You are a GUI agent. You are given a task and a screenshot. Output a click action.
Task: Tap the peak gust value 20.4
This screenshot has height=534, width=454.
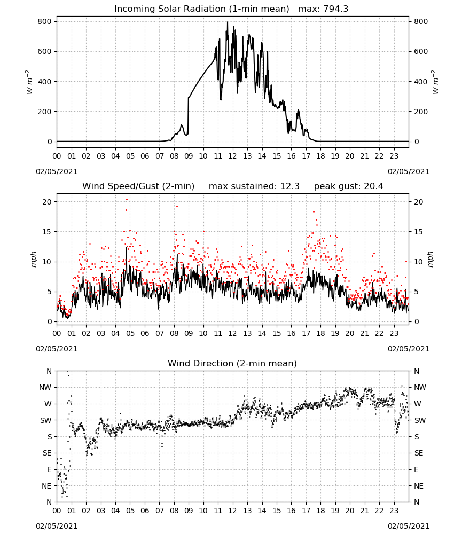(372, 186)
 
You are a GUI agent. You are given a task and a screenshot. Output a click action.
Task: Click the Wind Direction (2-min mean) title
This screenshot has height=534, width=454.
(232, 363)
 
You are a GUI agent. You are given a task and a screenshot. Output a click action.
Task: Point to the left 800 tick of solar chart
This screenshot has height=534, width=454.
(45, 21)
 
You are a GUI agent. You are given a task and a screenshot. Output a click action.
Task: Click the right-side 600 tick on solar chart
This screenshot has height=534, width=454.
(421, 51)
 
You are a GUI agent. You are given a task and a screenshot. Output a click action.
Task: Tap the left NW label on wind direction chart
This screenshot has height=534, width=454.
(45, 387)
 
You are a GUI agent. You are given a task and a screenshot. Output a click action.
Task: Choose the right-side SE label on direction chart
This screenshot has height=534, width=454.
(419, 453)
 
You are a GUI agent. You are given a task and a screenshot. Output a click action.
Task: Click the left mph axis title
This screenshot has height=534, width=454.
(33, 259)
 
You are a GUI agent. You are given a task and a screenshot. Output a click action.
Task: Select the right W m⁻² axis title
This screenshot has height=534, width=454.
(435, 82)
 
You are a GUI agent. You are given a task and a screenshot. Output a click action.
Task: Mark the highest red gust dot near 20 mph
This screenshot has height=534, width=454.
(127, 200)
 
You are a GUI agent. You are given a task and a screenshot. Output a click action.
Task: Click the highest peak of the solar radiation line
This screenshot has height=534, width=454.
(228, 22)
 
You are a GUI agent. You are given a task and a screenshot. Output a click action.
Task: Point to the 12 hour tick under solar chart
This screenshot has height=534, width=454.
(232, 156)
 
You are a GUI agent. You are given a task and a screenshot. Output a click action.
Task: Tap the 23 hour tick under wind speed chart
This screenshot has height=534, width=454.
(394, 333)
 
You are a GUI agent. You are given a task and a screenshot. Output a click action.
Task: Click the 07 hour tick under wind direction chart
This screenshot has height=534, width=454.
(159, 510)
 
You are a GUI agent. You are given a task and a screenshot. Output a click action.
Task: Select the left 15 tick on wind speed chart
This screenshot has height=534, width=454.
(48, 232)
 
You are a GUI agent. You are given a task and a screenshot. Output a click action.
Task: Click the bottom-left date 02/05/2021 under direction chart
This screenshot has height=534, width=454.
(57, 526)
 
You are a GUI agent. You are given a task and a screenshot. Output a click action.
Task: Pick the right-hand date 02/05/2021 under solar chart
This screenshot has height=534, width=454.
(409, 171)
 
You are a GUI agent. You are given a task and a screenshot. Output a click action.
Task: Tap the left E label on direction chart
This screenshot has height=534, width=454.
(49, 469)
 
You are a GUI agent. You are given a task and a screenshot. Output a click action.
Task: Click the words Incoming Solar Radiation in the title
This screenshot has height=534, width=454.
(170, 9)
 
